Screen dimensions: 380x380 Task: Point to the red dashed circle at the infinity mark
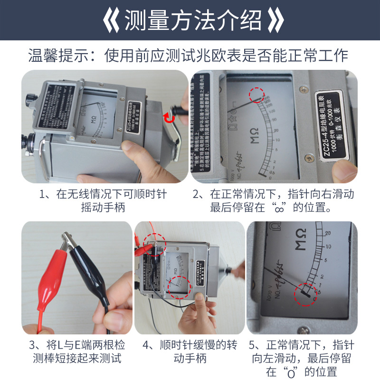click(257, 95)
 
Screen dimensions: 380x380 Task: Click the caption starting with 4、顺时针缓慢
click(190, 351)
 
